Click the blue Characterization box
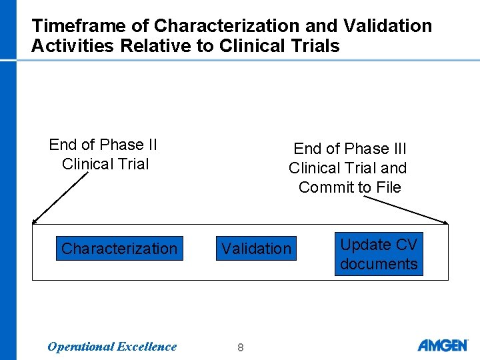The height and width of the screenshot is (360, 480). click(x=119, y=249)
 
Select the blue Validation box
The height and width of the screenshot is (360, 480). click(x=256, y=249)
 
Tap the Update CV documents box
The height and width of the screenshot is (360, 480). click(x=379, y=254)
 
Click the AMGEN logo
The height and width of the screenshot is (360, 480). click(x=443, y=345)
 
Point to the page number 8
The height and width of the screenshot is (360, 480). click(x=240, y=347)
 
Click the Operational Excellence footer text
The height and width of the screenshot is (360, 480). click(x=112, y=346)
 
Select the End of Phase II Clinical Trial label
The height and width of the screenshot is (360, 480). click(x=103, y=154)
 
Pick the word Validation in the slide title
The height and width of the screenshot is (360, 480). click(x=387, y=26)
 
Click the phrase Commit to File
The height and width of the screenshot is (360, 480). click(x=350, y=187)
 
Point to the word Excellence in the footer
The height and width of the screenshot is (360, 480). click(x=147, y=346)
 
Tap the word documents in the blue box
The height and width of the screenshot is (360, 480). click(x=379, y=263)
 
